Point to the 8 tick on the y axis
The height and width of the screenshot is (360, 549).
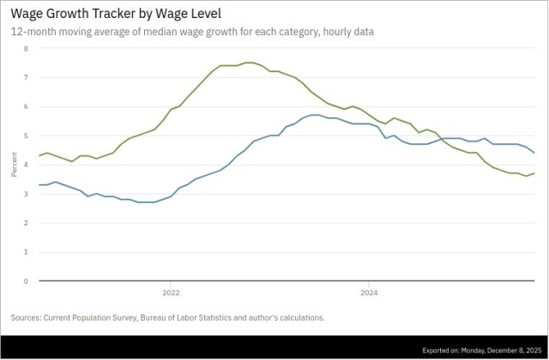[x=26, y=48]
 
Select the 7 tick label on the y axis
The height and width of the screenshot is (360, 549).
[x=26, y=77]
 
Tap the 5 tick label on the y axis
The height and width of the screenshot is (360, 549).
[x=26, y=135]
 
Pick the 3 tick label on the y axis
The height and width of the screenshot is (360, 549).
[x=26, y=194]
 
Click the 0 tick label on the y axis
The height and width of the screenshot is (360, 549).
[x=26, y=281]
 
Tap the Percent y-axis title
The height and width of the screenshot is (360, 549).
[x=14, y=165]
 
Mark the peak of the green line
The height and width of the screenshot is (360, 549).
[x=249, y=63]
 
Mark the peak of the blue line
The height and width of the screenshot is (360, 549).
[x=316, y=115]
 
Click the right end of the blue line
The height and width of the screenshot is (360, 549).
[x=535, y=153]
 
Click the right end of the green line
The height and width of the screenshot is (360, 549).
[x=535, y=173]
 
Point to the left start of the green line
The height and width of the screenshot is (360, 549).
[x=39, y=155]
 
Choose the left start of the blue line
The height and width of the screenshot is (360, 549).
[x=39, y=184]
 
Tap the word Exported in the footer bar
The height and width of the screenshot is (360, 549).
[x=439, y=350]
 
